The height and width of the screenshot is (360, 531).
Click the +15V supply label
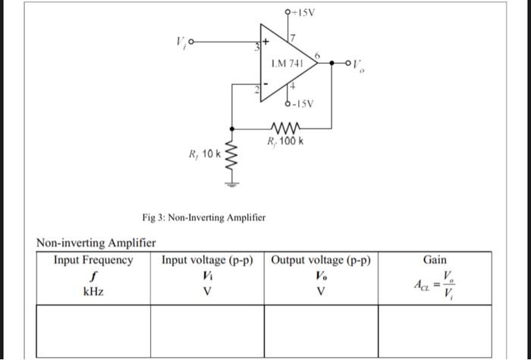click(x=303, y=12)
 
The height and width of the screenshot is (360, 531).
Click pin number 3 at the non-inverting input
click(x=256, y=49)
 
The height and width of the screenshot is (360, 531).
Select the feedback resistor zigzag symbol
click(x=286, y=127)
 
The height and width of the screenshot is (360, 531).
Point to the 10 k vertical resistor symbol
click(x=234, y=159)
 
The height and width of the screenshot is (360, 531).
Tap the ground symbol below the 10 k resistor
click(x=234, y=183)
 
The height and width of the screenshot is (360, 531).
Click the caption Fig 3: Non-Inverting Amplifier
click(x=204, y=218)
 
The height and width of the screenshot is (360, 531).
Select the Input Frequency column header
click(x=93, y=260)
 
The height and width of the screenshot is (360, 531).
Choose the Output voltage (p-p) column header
click(x=321, y=260)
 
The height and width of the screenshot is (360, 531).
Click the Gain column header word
click(x=435, y=260)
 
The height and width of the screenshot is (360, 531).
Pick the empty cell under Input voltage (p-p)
click(x=207, y=330)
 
